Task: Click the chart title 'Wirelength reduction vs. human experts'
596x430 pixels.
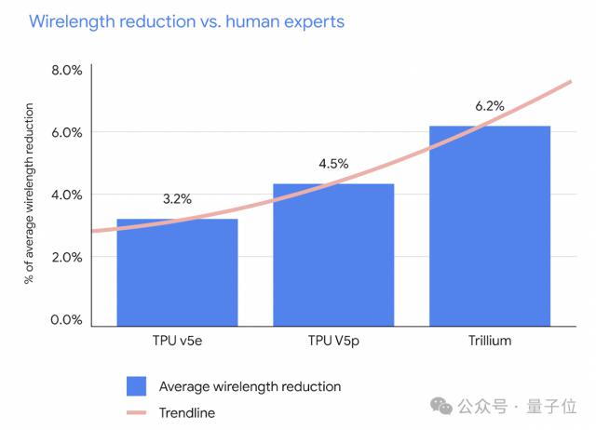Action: tap(186, 21)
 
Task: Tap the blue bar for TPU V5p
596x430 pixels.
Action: tap(333, 255)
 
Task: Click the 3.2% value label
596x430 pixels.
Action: tap(177, 198)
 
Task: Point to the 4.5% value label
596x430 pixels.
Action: tap(333, 164)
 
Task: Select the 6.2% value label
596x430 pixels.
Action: tap(490, 106)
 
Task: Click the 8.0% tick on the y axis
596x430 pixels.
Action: tap(66, 70)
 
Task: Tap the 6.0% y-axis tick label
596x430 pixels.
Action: tap(66, 132)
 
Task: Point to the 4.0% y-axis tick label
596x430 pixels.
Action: tap(66, 195)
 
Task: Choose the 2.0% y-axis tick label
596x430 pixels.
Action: tap(66, 257)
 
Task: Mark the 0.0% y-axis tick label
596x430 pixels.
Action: tap(66, 319)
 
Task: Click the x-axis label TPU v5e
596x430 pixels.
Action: tap(177, 341)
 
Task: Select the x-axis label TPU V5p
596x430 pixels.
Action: tap(333, 341)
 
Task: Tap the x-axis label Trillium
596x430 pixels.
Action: tap(490, 341)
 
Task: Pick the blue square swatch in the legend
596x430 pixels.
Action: tap(136, 386)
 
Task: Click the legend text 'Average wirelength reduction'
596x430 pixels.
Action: tap(250, 386)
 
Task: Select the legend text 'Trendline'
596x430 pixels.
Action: tap(189, 411)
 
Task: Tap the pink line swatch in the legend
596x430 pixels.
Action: tap(136, 411)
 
